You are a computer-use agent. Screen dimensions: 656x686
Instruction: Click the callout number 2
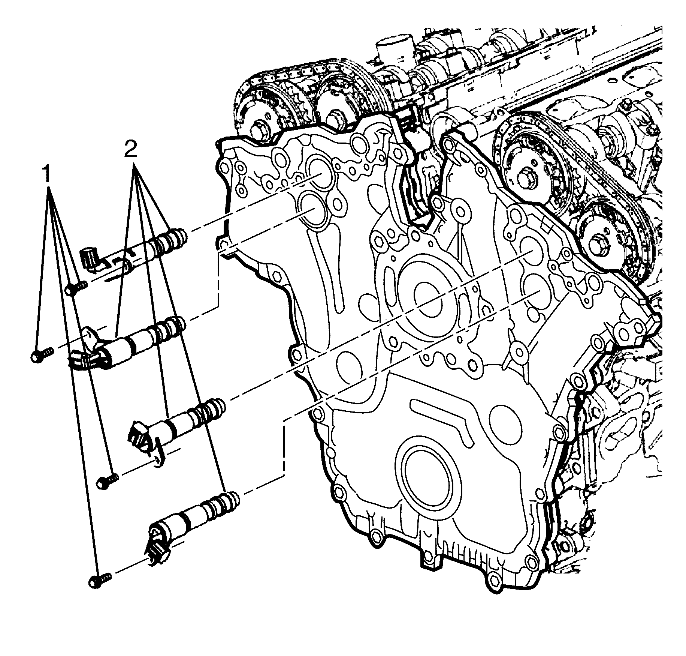(x=130, y=151)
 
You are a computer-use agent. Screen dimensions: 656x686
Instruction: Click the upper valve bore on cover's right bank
(x=533, y=250)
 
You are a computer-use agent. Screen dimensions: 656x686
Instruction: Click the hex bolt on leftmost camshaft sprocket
(x=258, y=129)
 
